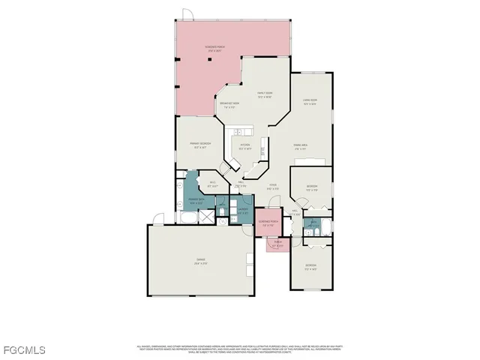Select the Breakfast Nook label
(x=230, y=105)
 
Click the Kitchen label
(x=244, y=147)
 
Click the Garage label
(x=201, y=262)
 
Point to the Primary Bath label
(x=196, y=201)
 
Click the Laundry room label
(x=243, y=211)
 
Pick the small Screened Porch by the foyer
(x=268, y=223)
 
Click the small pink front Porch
(x=277, y=244)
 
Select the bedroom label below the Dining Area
(x=313, y=188)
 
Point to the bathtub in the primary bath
(x=188, y=217)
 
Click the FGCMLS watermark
(x=23, y=350)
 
